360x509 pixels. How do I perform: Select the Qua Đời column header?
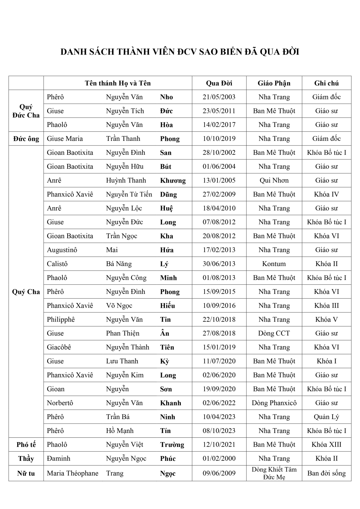click(219, 83)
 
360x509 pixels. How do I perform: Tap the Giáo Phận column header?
click(274, 83)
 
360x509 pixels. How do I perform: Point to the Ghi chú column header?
click(326, 83)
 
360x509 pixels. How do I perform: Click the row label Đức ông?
click(26, 139)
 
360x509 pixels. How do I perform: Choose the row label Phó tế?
click(26, 445)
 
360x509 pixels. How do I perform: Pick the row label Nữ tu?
click(26, 473)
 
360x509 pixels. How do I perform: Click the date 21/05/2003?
click(219, 97)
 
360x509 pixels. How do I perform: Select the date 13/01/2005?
click(219, 181)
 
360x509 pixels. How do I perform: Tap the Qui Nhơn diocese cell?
click(274, 181)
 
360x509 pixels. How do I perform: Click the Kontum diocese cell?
click(274, 264)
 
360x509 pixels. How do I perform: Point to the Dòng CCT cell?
click(274, 334)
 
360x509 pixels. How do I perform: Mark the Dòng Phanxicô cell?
click(274, 403)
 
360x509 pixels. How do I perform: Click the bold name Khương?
click(173, 181)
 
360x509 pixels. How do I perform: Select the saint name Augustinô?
click(62, 250)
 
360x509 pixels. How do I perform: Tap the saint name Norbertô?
click(60, 403)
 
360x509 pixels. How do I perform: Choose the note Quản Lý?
click(326, 417)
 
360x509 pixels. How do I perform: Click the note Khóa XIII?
click(326, 445)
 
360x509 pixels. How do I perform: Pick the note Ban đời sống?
click(326, 473)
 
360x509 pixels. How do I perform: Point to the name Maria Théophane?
click(73, 473)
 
